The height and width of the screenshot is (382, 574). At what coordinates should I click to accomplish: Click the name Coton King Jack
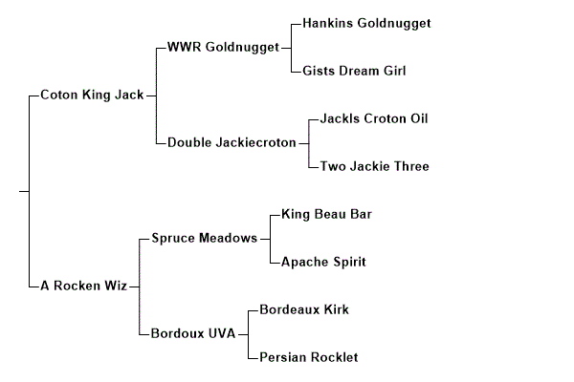93,95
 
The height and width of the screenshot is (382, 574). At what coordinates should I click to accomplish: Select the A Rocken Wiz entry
83,286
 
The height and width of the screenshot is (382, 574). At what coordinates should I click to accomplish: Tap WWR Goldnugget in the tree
222,47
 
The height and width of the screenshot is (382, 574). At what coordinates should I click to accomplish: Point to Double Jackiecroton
232,142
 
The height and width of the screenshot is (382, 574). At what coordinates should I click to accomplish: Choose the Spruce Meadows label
204,238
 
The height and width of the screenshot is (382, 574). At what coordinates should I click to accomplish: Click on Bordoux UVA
193,333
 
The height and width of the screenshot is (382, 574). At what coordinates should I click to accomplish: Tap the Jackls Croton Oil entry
374,118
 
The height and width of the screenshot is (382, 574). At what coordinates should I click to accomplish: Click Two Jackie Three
375,166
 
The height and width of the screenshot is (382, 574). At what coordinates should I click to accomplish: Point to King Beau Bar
326,214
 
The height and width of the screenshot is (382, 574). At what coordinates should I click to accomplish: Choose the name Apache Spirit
323,262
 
